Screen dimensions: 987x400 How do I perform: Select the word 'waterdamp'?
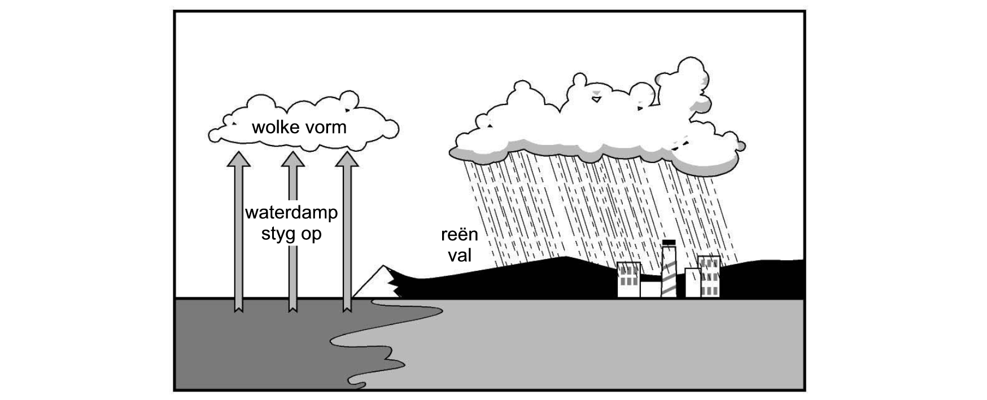291,213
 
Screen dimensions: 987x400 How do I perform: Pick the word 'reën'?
459,235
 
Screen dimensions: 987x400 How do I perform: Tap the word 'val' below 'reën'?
460,255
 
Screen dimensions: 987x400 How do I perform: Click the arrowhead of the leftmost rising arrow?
238,159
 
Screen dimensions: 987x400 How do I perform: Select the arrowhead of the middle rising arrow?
292,159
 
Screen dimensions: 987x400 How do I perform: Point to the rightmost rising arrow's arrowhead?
347,159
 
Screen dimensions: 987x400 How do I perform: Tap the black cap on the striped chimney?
669,243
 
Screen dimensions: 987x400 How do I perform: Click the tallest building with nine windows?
709,276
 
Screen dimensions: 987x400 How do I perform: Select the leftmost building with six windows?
628,280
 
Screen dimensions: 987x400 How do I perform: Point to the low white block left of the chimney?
650,289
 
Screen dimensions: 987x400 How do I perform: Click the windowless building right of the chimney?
693,283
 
